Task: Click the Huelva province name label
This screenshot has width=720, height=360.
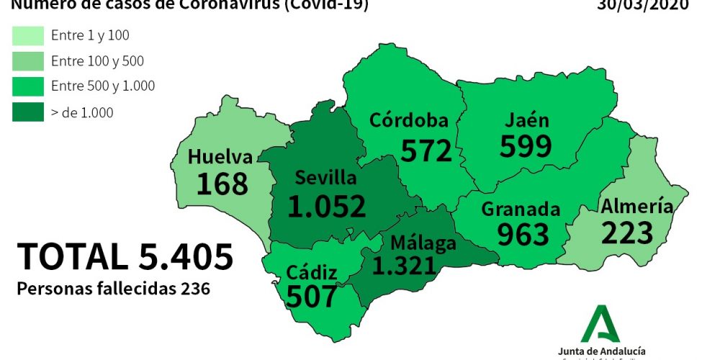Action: [x=220, y=157]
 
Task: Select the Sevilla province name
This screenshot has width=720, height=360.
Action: [x=326, y=178]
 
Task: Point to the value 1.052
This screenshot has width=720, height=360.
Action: [x=326, y=206]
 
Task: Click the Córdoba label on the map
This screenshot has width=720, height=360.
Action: [x=409, y=120]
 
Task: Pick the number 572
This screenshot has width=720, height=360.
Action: [x=426, y=150]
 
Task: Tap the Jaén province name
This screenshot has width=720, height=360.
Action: [x=526, y=120]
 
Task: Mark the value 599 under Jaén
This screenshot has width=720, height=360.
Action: [x=526, y=145]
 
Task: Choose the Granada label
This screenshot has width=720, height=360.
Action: [x=521, y=210]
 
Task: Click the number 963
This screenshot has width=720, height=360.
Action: [x=523, y=235]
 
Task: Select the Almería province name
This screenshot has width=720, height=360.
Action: [x=637, y=207]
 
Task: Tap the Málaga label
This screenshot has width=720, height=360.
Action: [x=423, y=243]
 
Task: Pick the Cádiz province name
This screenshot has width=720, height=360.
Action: [x=312, y=272]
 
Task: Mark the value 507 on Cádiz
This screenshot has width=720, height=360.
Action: [x=311, y=296]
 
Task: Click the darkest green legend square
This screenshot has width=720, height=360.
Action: [x=25, y=112]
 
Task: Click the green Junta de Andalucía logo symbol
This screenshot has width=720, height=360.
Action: [x=600, y=323]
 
